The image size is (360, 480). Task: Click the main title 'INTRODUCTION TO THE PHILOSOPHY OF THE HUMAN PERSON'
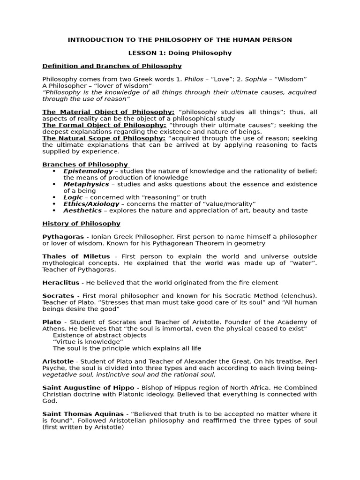click(x=180, y=40)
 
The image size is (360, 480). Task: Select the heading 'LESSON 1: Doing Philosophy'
click(x=180, y=53)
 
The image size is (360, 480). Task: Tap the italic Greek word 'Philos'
click(x=194, y=79)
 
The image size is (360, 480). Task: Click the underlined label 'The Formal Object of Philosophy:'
click(x=104, y=125)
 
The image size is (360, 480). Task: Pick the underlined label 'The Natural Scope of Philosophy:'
click(x=104, y=138)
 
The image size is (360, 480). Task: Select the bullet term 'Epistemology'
click(x=88, y=171)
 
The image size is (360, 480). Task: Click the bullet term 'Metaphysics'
click(x=86, y=184)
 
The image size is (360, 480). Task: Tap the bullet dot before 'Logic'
click(x=54, y=197)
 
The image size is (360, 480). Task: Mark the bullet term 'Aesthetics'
click(x=82, y=210)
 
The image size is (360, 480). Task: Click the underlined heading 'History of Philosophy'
click(x=81, y=224)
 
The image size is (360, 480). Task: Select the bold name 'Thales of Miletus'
click(x=76, y=256)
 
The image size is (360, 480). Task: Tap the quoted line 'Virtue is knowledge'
click(x=88, y=342)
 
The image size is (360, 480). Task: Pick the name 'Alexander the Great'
click(x=256, y=361)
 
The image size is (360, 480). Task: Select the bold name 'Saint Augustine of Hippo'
click(x=88, y=388)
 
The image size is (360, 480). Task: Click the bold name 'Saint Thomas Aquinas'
click(x=83, y=414)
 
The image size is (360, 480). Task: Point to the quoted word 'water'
click(x=300, y=263)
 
